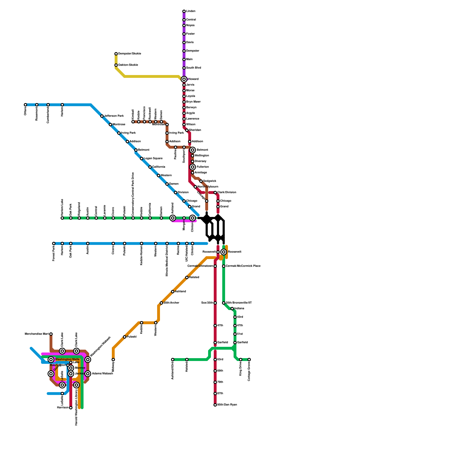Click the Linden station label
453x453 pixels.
coord(191,11)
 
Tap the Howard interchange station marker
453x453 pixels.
coord(184,79)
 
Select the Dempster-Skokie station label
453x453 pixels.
coord(129,54)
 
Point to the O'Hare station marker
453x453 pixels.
coord(25,105)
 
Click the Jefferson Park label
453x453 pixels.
coord(114,116)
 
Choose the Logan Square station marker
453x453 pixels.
coord(142,159)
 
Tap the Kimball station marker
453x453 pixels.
coord(133,122)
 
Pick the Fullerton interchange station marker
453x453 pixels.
coord(193,167)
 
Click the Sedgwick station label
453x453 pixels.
coord(210,181)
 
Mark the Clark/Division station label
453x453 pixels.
coord(226,193)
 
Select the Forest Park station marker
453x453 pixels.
coord(54,243)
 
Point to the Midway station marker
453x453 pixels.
coord(113,360)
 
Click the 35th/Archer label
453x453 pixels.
coord(171,303)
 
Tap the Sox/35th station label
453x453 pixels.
coord(207,303)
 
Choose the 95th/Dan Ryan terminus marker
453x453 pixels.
coord(215,405)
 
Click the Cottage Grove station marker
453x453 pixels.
coord(249,360)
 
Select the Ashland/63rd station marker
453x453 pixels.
coord(173,360)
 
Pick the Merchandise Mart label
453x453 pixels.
coord(37,334)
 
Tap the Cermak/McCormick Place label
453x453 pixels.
coord(243,266)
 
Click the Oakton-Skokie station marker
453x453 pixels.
coord(116,65)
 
